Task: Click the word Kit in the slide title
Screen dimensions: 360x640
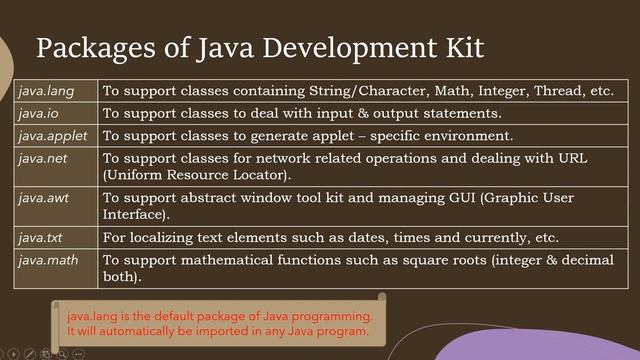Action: (x=456, y=47)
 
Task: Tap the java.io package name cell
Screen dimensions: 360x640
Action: (x=38, y=113)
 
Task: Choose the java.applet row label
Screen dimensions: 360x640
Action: (x=48, y=135)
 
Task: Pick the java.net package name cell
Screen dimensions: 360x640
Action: (x=39, y=158)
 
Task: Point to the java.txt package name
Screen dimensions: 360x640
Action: (x=40, y=237)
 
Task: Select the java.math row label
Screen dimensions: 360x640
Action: (x=46, y=260)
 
